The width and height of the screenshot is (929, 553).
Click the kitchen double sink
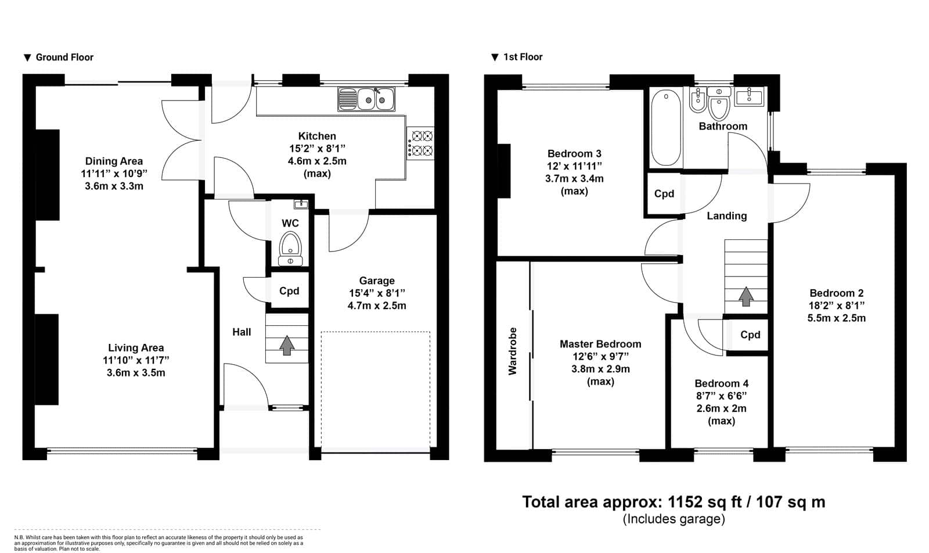(366, 99)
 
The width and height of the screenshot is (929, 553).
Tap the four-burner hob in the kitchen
(420, 143)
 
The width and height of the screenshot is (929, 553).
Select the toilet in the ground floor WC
(290, 249)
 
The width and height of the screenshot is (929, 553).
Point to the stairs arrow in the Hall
(287, 345)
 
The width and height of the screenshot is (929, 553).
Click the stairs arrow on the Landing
(746, 296)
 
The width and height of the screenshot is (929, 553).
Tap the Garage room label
(377, 281)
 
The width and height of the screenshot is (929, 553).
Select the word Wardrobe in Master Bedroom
(513, 351)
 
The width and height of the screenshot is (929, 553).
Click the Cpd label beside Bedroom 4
(750, 335)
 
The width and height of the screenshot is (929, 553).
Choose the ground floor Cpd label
(289, 291)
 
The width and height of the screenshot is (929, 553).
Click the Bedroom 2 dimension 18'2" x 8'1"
(837, 306)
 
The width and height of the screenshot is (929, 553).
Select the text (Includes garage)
(674, 519)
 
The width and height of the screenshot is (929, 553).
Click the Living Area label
(136, 347)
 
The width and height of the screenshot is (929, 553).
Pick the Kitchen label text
(317, 136)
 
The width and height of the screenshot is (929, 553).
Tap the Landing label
(726, 216)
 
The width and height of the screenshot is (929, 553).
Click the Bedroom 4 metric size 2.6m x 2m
(721, 408)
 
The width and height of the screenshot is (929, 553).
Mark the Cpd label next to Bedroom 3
(664, 194)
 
